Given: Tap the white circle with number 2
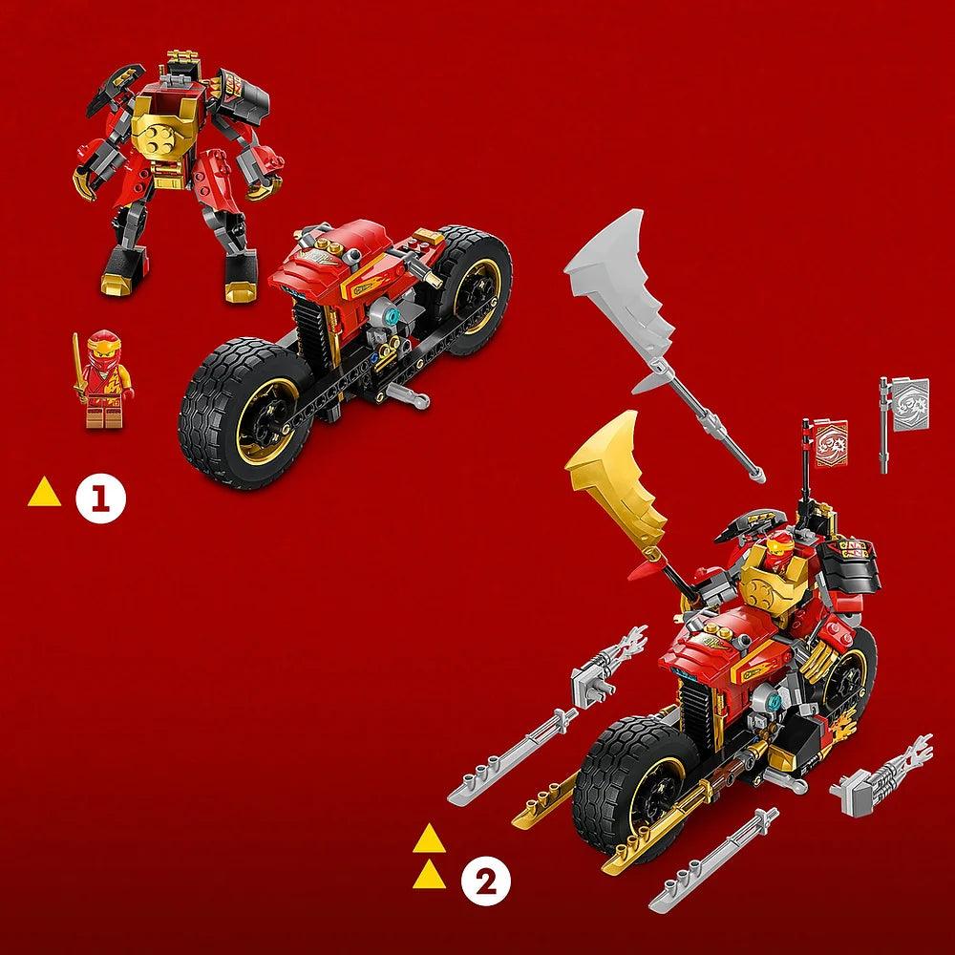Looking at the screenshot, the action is click(485, 881).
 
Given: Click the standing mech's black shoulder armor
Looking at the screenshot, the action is click(243, 95).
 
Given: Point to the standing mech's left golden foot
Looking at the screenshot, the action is click(118, 284).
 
